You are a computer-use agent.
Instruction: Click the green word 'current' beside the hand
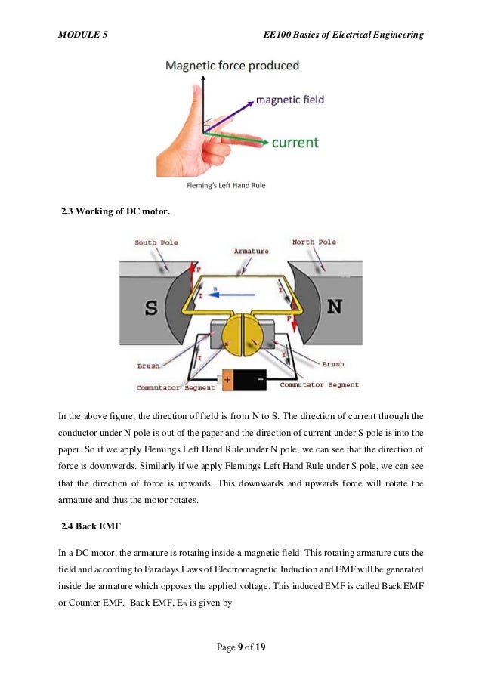(295, 142)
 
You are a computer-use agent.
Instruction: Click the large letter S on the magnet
(151, 307)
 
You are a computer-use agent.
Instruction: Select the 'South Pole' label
(156, 243)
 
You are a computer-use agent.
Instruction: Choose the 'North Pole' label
(314, 242)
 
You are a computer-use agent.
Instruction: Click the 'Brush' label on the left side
(149, 366)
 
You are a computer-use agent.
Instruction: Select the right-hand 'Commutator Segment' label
(319, 384)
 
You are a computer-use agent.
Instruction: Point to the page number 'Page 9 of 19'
(239, 647)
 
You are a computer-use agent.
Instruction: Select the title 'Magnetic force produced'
(233, 66)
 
